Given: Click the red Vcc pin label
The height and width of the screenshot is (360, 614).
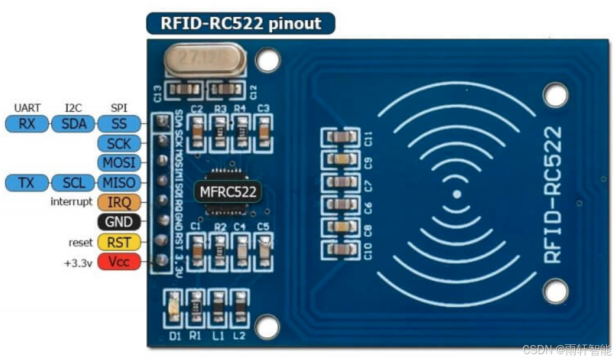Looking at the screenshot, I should tap(118, 263).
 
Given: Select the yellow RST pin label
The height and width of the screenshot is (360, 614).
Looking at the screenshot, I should tap(118, 242).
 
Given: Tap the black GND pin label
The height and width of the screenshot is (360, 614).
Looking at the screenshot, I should tap(118, 222).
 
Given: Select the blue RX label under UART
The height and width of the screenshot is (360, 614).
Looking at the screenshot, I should tap(27, 123).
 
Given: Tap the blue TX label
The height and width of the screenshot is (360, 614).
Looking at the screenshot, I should tap(27, 183).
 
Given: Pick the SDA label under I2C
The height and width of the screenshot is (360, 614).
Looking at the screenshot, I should tap(73, 123).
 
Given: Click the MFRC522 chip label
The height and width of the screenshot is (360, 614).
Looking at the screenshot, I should tap(227, 192).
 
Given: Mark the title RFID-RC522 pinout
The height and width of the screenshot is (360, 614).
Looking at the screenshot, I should tap(240, 24).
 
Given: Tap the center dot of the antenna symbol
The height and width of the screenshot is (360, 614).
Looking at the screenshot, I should tap(457, 194).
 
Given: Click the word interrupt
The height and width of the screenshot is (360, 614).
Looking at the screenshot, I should tap(71, 202).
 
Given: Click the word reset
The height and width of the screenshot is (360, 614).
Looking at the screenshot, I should tap(81, 242).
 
